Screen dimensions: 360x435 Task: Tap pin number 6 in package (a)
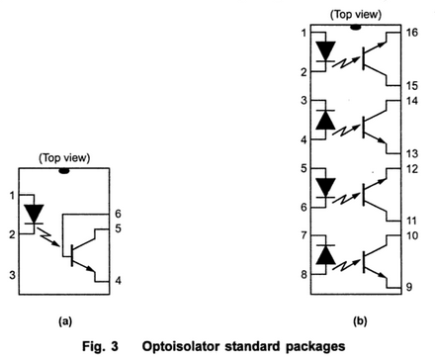click(118, 214)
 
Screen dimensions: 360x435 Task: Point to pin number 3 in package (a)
click(11, 274)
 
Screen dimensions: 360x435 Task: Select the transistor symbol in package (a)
click(78, 254)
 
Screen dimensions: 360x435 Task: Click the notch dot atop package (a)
click(64, 171)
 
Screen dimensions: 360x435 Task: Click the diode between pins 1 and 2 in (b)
click(324, 50)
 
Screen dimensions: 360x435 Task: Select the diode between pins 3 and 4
click(324, 121)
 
